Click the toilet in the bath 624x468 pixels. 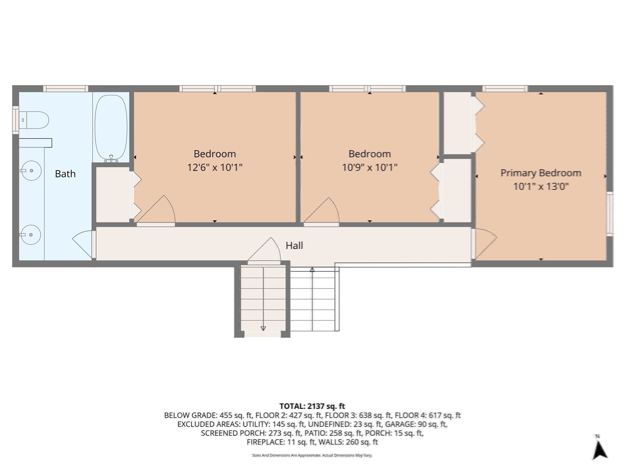pos(34,120)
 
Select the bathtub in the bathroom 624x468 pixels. pos(111,127)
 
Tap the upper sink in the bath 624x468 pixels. pos(31,171)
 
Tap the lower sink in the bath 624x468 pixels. pos(31,235)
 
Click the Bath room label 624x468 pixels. pos(65,174)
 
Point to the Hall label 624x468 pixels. pos(294,246)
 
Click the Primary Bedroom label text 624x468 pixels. pos(541,173)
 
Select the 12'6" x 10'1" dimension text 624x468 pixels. pos(214,168)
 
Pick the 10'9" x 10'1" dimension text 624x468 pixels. pos(369,168)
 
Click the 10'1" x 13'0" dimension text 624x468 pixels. pos(541,186)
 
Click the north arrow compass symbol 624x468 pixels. pos(599,448)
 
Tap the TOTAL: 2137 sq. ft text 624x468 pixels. pos(312,406)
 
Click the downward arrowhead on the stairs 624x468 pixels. pos(263,328)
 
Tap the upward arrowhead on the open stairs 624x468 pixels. pos(312,270)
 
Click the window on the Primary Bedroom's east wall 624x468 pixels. pos(609,214)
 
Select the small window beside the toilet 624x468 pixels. pos(15,120)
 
